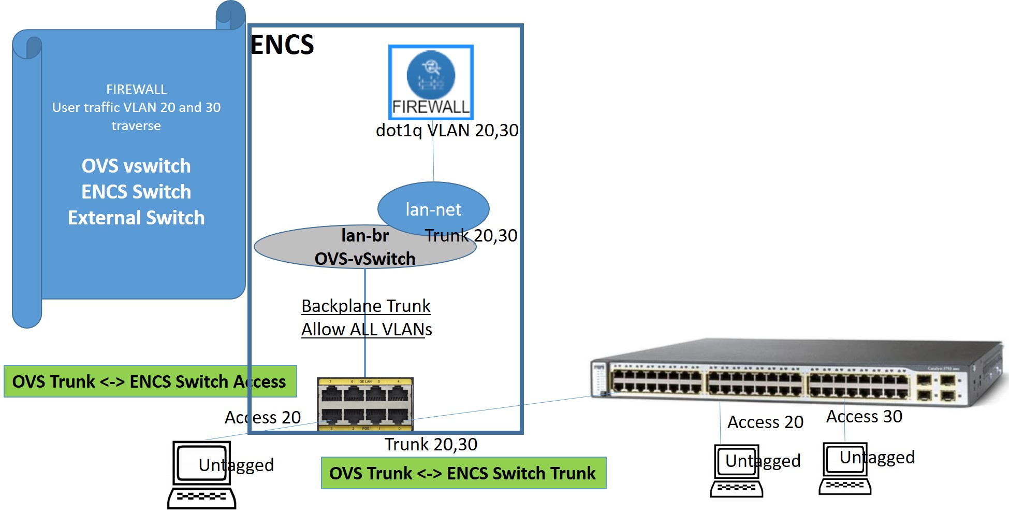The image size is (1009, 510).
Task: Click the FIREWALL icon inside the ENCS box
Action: coord(431,82)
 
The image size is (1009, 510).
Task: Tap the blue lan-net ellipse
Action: coord(433,209)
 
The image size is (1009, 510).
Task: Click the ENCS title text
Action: coord(282,45)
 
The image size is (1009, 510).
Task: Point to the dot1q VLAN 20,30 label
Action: coord(447,130)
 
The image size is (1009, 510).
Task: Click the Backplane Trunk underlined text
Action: coord(365,306)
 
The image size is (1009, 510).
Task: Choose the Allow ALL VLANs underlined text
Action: coord(367,329)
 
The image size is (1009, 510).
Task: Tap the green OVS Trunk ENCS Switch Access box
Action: coord(150,381)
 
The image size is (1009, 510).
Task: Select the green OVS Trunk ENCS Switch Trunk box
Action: coord(463,473)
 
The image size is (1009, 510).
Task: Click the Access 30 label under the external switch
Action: coord(864,416)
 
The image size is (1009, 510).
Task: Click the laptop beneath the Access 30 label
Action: coord(845,469)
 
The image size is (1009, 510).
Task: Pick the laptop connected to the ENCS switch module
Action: coord(202,474)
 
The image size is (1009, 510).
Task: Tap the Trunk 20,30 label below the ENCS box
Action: coord(431,444)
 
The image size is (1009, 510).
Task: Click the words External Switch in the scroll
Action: coord(136,218)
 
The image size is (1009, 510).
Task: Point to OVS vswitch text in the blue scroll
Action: coord(136,166)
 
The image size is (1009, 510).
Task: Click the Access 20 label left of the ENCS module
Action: coord(262,417)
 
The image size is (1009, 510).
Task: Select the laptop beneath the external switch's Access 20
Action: coord(736,471)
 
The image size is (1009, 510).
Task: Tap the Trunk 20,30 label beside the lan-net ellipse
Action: coord(471,235)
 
